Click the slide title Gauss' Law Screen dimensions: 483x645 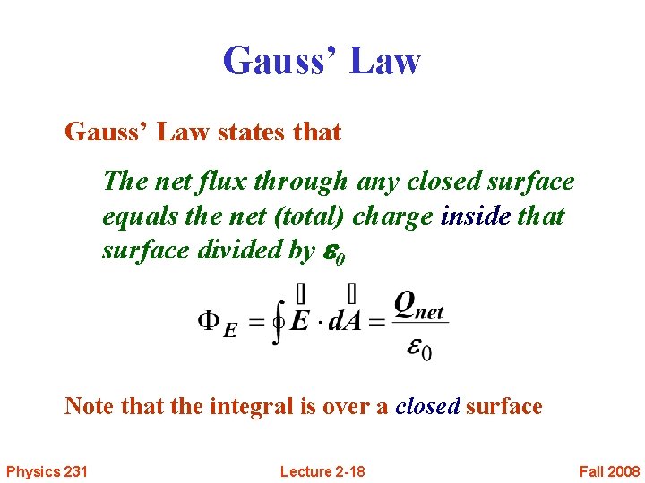click(x=322, y=61)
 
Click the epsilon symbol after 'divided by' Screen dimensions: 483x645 click(x=330, y=252)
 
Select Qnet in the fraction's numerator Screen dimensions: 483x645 click(x=419, y=307)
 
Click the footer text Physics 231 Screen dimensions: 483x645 click(x=47, y=471)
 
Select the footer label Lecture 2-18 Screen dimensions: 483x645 click(x=322, y=471)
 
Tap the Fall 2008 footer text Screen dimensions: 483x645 click(x=609, y=471)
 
